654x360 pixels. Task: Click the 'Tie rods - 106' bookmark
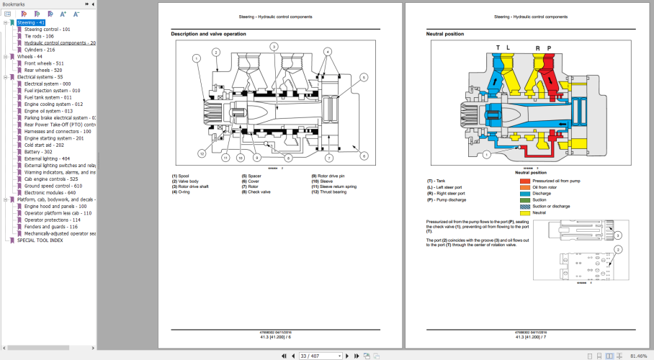39,36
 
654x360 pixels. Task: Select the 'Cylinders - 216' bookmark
40,50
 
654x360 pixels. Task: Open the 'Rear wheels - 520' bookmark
43,70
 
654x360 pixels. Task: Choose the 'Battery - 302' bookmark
38,152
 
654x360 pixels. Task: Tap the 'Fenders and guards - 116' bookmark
50,227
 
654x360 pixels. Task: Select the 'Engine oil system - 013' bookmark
48,111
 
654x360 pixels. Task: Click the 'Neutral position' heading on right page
445,34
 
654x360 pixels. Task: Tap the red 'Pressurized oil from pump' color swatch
524,181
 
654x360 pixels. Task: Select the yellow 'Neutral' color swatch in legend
524,212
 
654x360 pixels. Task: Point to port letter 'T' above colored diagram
497,48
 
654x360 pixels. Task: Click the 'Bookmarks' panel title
14,4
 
